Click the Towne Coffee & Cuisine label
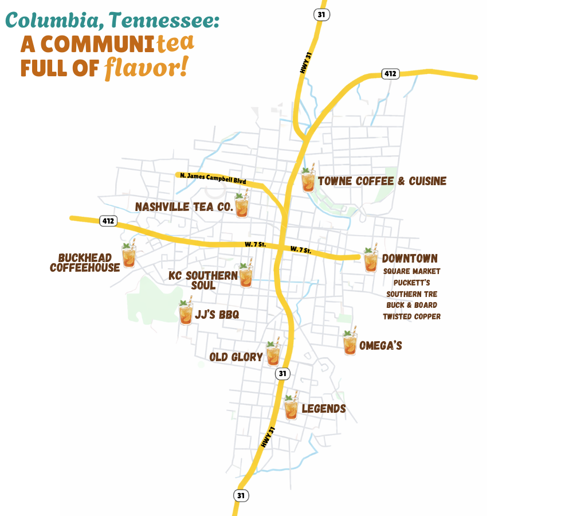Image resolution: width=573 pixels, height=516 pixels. [x=382, y=181]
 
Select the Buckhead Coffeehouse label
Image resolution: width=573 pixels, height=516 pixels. [x=85, y=263]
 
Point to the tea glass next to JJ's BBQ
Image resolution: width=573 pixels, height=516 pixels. [x=186, y=313]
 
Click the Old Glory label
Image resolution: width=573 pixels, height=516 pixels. [x=236, y=357]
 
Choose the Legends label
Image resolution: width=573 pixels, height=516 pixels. [x=324, y=409]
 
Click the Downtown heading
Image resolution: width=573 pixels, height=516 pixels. [x=410, y=259]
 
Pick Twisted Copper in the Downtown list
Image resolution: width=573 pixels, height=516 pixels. [x=411, y=316]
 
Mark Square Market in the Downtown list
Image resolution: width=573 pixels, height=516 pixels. [x=411, y=271]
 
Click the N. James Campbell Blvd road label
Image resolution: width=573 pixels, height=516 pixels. [x=213, y=178]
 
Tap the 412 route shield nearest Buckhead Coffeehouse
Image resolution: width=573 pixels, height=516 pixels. [x=108, y=221]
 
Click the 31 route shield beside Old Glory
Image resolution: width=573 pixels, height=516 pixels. [x=282, y=374]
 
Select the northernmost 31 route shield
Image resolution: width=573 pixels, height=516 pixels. [x=321, y=14]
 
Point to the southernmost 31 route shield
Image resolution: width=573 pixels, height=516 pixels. [x=241, y=495]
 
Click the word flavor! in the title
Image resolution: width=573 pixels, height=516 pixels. [x=146, y=68]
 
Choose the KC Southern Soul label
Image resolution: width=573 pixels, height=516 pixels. [x=203, y=280]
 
